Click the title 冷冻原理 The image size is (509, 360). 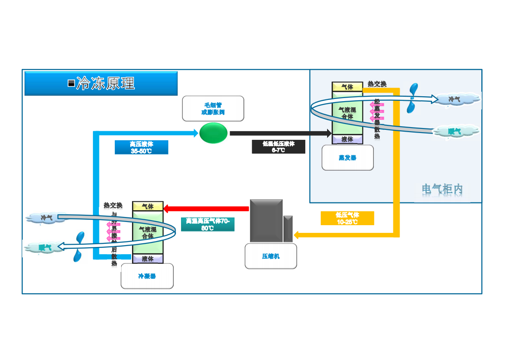tap(105, 83)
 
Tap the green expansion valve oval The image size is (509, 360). tap(213, 133)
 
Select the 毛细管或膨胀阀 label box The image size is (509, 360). tap(213, 108)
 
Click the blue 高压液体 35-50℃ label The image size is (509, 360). tap(142, 148)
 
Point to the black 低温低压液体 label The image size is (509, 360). tap(279, 147)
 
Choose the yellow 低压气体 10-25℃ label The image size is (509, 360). tap(347, 218)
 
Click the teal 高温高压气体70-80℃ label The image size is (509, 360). tap(208, 224)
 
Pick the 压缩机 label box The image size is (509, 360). tap(271, 256)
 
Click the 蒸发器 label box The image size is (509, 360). tap(347, 158)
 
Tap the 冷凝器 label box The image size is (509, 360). tap(147, 276)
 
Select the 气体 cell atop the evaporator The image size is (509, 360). tap(347, 87)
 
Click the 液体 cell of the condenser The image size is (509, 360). tap(147, 259)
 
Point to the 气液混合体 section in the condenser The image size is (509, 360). tap(147, 232)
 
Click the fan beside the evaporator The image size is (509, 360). tap(412, 98)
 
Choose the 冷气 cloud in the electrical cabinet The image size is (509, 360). tap(455, 99)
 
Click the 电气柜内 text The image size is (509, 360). tap(442, 189)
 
